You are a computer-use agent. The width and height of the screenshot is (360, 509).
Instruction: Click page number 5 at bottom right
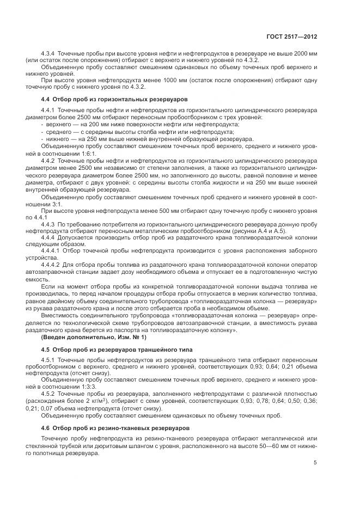tap(315, 463)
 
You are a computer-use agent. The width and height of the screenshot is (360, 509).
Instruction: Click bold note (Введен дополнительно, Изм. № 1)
tap(86, 338)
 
